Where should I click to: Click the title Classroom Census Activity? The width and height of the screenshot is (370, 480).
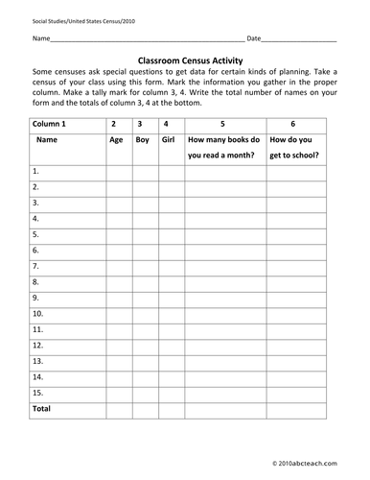[185, 58]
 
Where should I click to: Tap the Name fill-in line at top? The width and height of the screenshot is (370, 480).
[144, 40]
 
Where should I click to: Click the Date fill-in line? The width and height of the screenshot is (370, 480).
[298, 40]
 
